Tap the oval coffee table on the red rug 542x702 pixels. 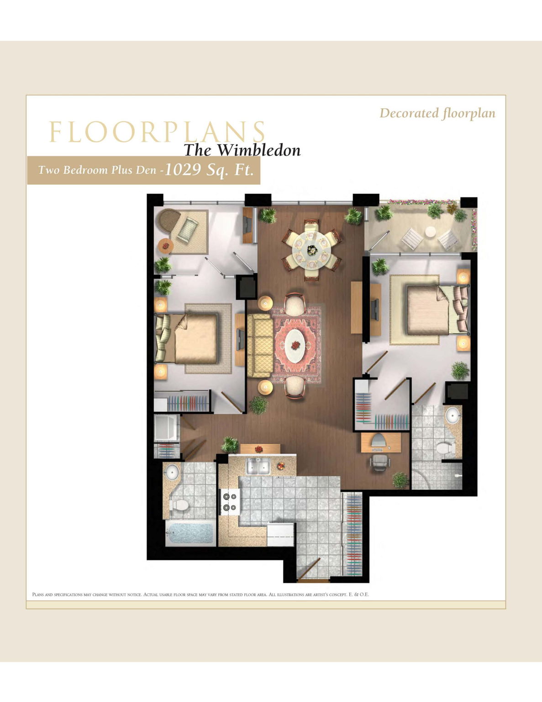pyautogui.click(x=295, y=346)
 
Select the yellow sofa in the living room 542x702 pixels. pyautogui.click(x=260, y=346)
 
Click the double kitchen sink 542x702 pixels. pyautogui.click(x=258, y=467)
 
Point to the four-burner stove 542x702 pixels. pyautogui.click(x=230, y=502)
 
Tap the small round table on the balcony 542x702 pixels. pyautogui.click(x=431, y=232)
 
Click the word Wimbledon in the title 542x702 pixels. pyautogui.click(x=259, y=150)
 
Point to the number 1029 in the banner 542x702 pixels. pyautogui.click(x=182, y=169)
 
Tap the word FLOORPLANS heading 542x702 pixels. pyautogui.click(x=157, y=132)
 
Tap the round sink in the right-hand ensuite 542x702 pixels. pyautogui.click(x=453, y=415)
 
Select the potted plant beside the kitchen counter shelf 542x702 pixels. pyautogui.click(x=229, y=445)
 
